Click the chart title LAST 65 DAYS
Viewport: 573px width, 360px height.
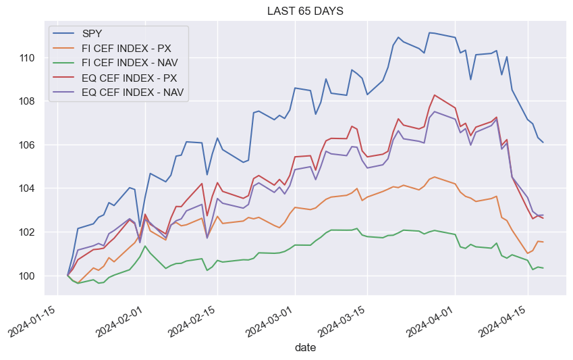tap(304, 11)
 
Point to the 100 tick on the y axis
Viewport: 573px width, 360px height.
tap(28, 276)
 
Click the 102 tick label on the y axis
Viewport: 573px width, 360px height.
tap(28, 232)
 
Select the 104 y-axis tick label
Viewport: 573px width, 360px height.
tap(28, 188)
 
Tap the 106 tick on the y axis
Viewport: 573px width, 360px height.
tap(28, 145)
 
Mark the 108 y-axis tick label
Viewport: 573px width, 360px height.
tap(28, 101)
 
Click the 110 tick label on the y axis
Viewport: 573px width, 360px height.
tap(28, 58)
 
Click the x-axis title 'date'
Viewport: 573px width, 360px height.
tap(304, 348)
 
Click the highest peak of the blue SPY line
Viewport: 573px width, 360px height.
tap(430, 32)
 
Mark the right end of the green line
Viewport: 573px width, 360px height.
tap(543, 268)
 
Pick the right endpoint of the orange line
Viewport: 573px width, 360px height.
tap(543, 242)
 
